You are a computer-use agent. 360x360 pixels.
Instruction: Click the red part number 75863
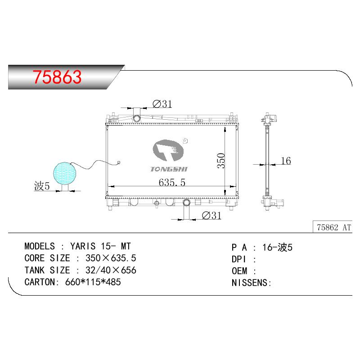pyautogui.click(x=57, y=76)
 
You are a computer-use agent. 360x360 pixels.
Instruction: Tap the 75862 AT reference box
pyautogui.click(x=333, y=227)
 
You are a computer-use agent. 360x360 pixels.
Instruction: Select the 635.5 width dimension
pyautogui.click(x=172, y=183)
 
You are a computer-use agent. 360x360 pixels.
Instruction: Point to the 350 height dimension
pyautogui.click(x=221, y=161)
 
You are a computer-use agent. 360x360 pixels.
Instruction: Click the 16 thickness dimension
pyautogui.click(x=286, y=161)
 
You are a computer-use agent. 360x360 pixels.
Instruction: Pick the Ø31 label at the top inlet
pyautogui.click(x=162, y=104)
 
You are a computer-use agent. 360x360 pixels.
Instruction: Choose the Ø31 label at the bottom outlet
pyautogui.click(x=211, y=216)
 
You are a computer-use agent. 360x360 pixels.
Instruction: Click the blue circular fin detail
pyautogui.click(x=64, y=173)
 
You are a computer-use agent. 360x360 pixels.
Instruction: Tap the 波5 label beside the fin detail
pyautogui.click(x=42, y=186)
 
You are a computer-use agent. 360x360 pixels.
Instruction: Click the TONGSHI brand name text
pyautogui.click(x=169, y=169)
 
